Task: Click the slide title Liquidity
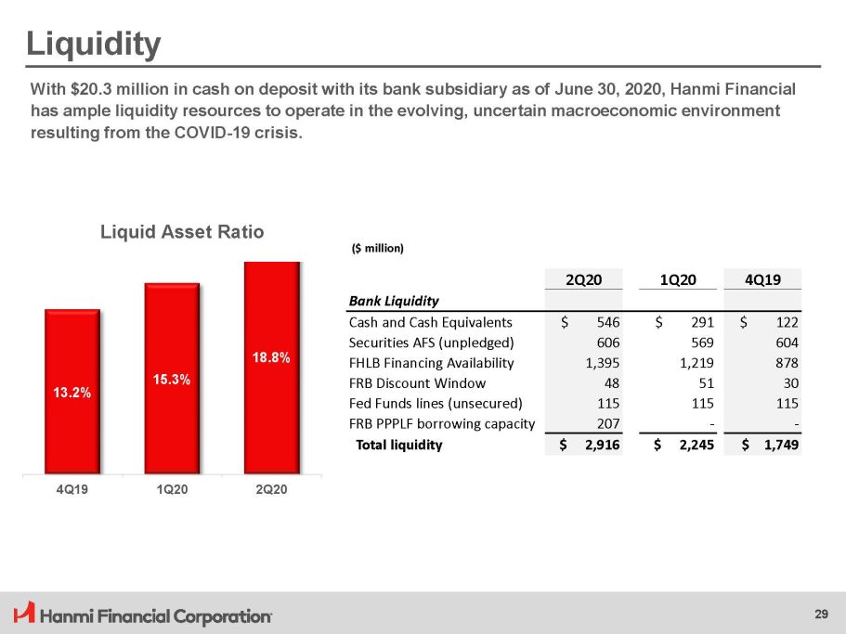click(x=93, y=43)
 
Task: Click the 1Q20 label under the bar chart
click(x=172, y=490)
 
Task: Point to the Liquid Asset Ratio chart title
click(x=182, y=232)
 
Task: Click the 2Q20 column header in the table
click(x=587, y=279)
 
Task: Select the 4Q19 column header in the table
click(x=771, y=279)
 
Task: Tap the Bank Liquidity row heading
click(x=394, y=301)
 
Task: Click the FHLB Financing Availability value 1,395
click(x=603, y=362)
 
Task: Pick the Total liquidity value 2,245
click(x=693, y=445)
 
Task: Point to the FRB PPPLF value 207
click(x=608, y=423)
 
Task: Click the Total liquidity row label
click(x=399, y=445)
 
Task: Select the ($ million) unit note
click(x=378, y=248)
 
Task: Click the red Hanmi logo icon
click(x=24, y=614)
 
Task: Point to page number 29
click(x=821, y=614)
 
